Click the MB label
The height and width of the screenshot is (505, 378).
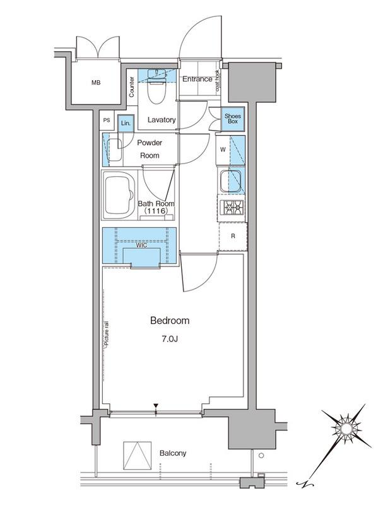[96, 83]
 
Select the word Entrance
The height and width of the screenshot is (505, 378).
[198, 79]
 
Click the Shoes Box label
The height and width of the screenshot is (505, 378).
[233, 119]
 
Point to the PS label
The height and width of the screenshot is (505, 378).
[107, 120]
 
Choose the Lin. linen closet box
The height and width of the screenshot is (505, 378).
[126, 123]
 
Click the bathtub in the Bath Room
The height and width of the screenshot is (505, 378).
[119, 194]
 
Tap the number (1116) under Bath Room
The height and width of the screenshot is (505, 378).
[156, 211]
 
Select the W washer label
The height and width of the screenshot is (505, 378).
[223, 150]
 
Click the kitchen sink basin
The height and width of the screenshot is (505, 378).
[230, 180]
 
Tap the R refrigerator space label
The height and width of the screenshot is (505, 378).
[233, 236]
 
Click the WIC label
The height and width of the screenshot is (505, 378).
[141, 246]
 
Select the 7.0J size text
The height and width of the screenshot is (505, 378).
[170, 339]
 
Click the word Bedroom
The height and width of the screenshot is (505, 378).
[170, 321]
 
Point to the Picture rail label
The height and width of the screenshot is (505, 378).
[107, 335]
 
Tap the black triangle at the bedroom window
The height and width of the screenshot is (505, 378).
[156, 406]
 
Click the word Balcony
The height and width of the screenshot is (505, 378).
[173, 453]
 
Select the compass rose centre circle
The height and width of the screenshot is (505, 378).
[346, 429]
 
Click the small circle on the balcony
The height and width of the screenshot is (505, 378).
[261, 456]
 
